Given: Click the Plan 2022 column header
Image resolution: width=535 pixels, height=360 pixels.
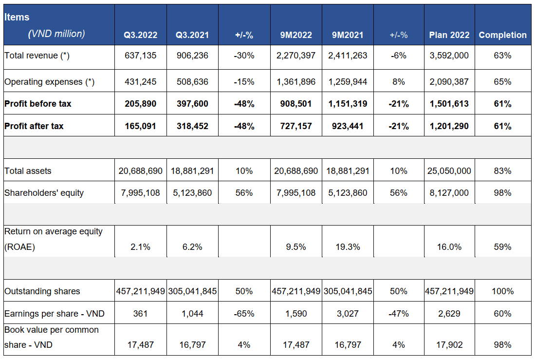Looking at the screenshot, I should click(x=449, y=35).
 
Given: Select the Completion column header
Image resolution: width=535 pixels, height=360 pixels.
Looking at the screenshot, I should click(x=502, y=35).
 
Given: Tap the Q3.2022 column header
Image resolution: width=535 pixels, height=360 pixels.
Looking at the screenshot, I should click(x=140, y=35).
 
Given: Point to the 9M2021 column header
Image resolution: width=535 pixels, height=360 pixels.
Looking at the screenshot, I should click(x=347, y=35).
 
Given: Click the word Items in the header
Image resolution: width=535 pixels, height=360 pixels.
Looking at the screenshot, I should click(x=17, y=17).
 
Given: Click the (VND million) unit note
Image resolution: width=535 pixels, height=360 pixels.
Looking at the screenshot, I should click(x=56, y=34).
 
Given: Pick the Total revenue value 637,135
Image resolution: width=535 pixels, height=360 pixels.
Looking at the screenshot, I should click(x=140, y=56).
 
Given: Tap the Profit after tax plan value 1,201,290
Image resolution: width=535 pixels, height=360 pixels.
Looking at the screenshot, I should click(x=449, y=126).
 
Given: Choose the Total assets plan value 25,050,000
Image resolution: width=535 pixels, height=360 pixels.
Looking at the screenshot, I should click(x=449, y=171).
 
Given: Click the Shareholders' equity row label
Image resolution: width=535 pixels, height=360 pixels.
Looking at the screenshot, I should click(x=44, y=193).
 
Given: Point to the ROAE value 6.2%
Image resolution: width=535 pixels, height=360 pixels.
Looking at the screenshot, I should click(x=192, y=247).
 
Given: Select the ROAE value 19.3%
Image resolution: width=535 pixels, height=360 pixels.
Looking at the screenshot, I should click(x=347, y=247).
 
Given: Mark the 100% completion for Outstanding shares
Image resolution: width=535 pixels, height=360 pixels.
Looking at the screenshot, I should click(x=502, y=291).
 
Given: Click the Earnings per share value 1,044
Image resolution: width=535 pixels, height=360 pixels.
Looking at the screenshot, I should click(x=192, y=314).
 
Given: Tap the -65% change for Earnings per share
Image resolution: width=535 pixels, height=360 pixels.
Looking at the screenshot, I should click(x=244, y=314).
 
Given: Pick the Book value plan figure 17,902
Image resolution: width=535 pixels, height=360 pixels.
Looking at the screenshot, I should click(x=449, y=344).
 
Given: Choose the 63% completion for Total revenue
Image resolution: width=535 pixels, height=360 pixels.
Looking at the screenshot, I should click(x=502, y=56).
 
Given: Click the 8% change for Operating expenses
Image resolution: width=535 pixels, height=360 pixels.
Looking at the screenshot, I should click(x=398, y=82).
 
